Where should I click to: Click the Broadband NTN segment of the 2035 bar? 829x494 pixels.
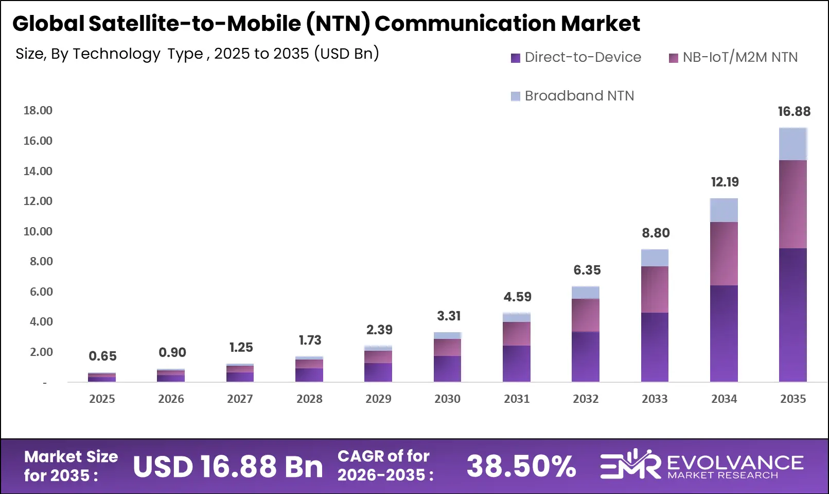(792, 144)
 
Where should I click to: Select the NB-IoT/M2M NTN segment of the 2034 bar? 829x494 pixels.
(724, 253)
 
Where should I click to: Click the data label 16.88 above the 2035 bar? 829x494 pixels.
(793, 111)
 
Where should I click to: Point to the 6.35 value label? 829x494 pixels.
(587, 270)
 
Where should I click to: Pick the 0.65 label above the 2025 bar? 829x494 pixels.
(102, 356)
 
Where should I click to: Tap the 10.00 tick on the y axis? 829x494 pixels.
(38, 231)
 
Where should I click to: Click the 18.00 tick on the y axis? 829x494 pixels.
(38, 110)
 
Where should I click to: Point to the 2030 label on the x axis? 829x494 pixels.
(447, 399)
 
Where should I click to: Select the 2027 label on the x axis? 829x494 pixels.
(240, 399)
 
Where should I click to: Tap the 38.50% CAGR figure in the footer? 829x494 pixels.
(521, 466)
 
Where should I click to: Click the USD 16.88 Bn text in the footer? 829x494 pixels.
(228, 466)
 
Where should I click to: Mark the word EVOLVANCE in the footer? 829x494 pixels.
(735, 462)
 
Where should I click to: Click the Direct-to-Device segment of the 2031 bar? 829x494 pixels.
(516, 363)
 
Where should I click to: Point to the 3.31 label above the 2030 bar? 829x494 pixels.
(449, 316)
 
